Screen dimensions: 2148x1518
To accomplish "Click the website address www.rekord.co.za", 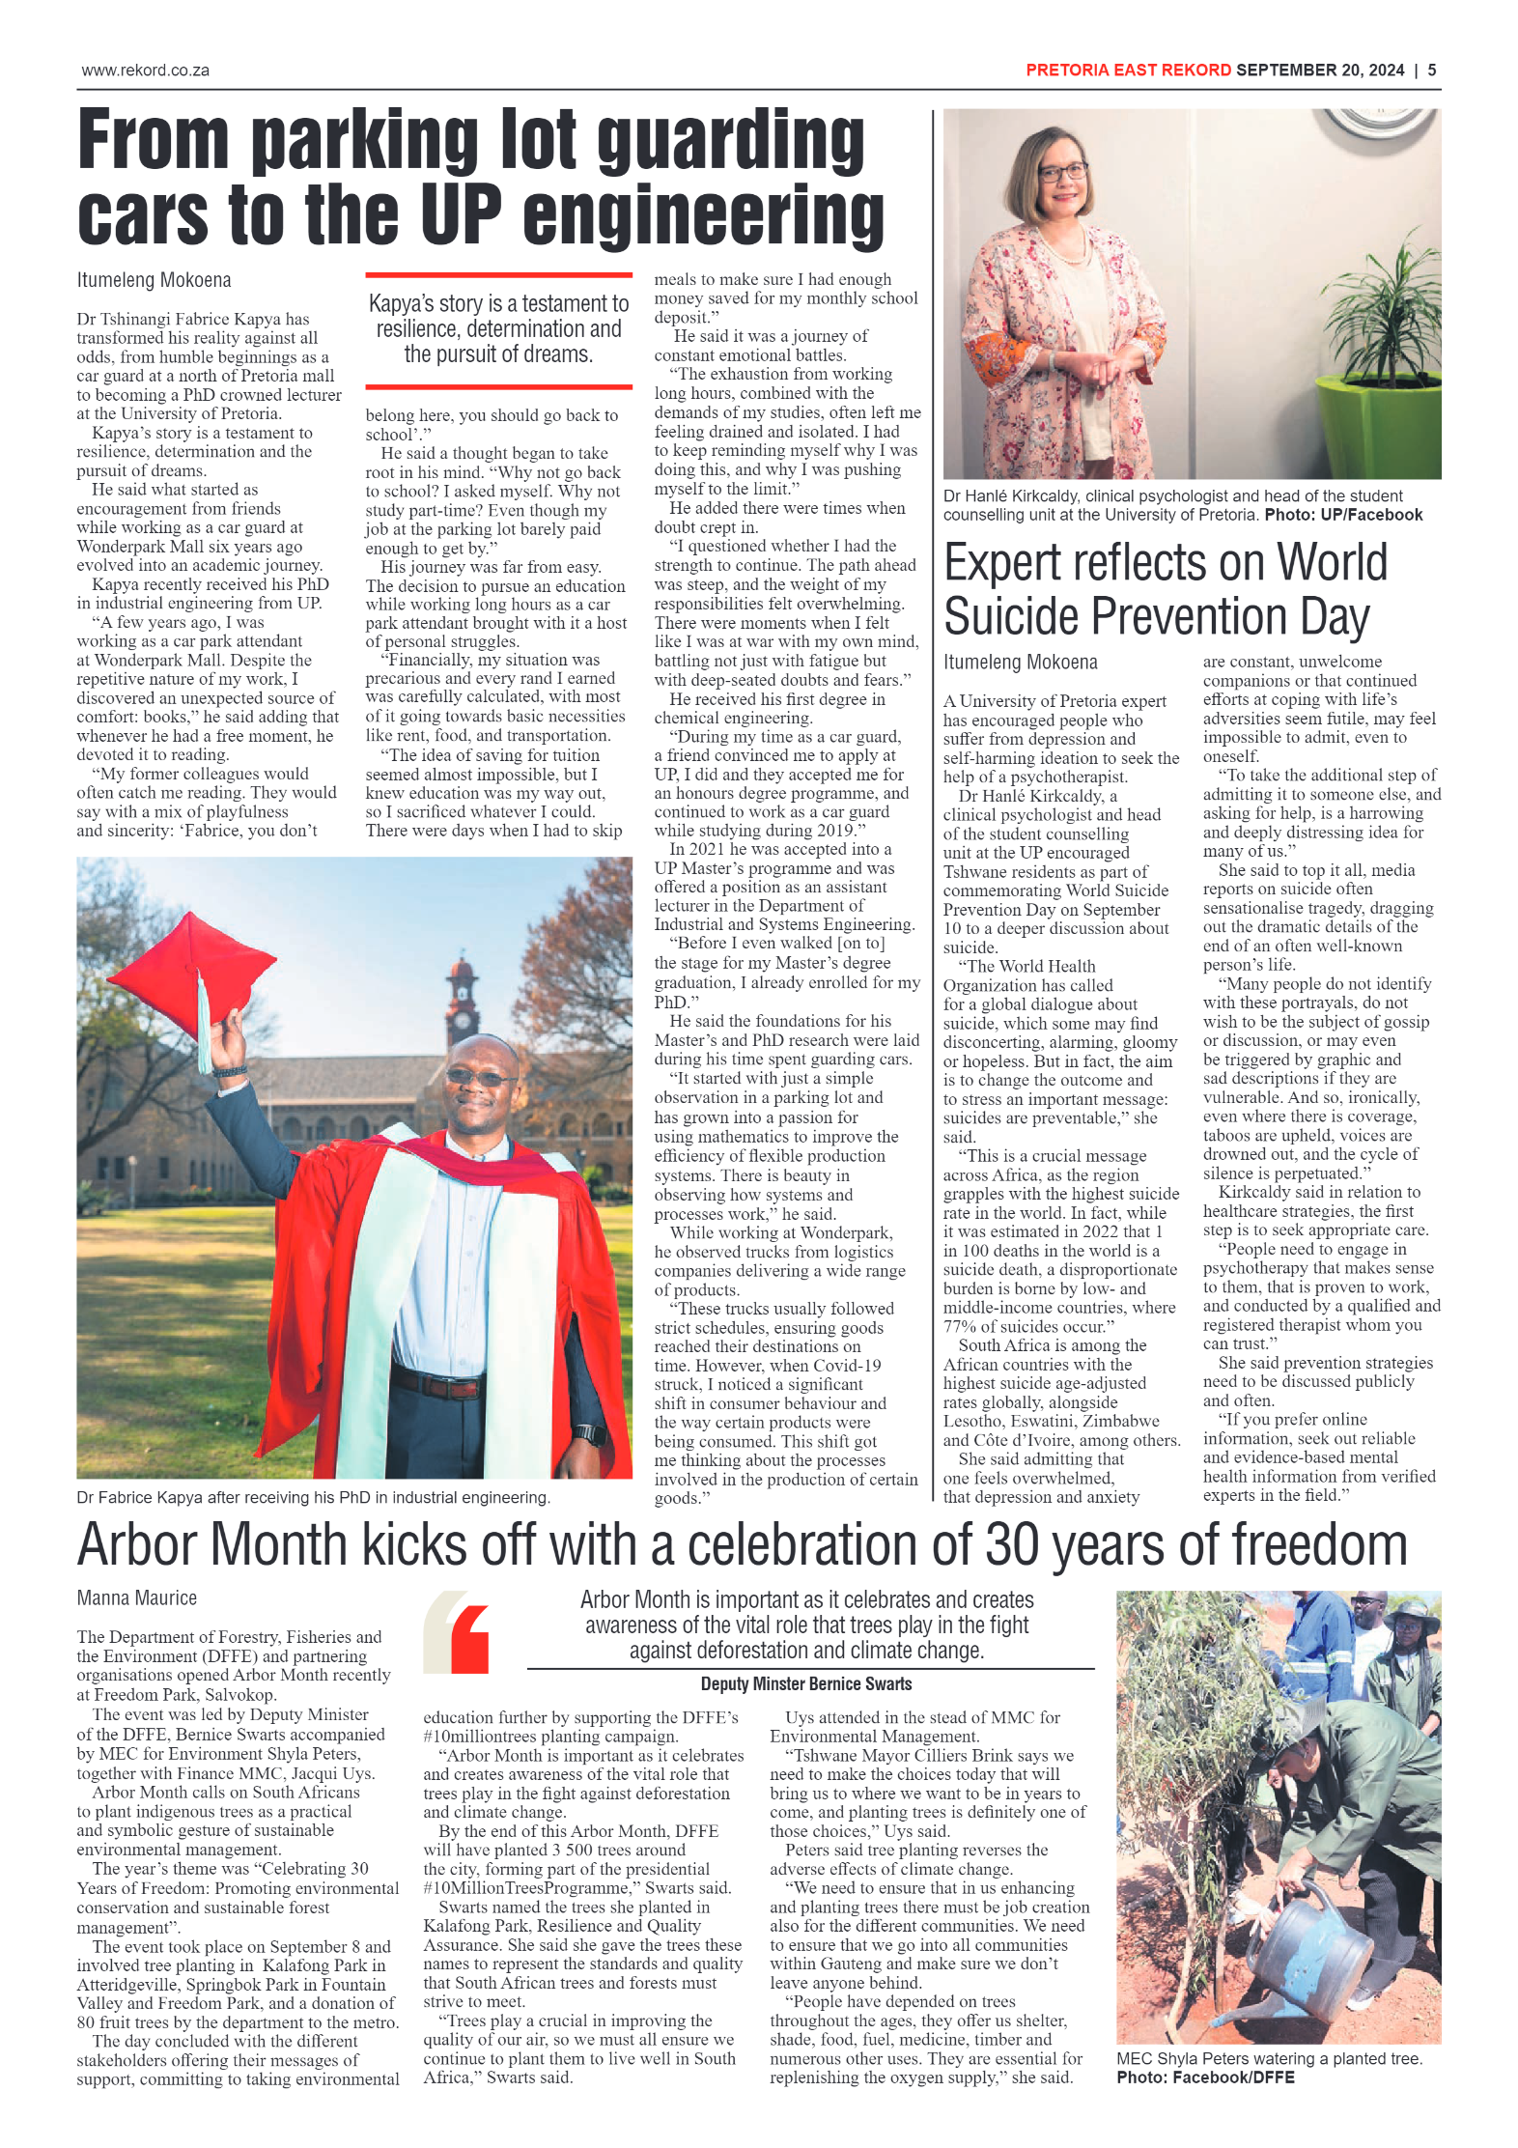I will [145, 71].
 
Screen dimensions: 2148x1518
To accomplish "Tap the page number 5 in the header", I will [1431, 71].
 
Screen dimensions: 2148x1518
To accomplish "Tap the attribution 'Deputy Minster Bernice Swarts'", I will [805, 1684].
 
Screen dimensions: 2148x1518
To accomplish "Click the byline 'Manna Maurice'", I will [136, 1598].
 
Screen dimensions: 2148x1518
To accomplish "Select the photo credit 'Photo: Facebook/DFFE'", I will [1205, 2077].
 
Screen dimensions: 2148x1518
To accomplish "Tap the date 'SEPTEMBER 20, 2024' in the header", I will [1319, 71].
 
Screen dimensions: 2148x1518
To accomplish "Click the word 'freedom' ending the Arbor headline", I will [1338, 1545].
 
